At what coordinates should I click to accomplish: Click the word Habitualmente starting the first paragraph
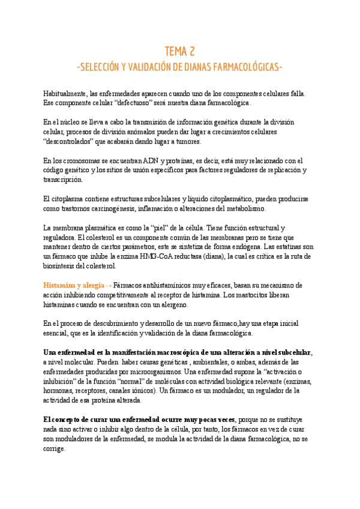[x=64, y=94]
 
